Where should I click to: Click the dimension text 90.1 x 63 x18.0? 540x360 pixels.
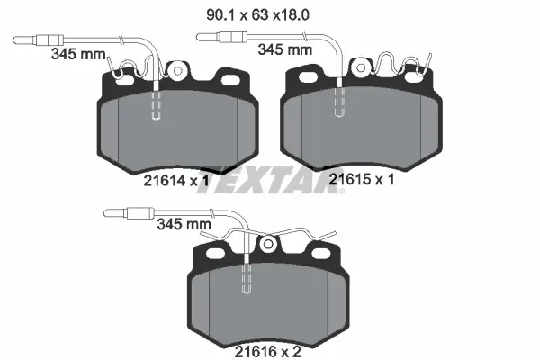257,15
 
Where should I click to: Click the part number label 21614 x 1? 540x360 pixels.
176,181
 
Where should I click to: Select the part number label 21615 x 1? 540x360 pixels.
362,179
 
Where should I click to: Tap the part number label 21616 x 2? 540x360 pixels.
268,352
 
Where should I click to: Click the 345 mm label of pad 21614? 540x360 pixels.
78,54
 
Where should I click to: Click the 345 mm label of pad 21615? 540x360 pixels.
285,49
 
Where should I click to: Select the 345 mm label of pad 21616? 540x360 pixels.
184,224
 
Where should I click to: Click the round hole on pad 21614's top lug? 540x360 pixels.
177,71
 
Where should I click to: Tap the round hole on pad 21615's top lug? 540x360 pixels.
361,67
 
